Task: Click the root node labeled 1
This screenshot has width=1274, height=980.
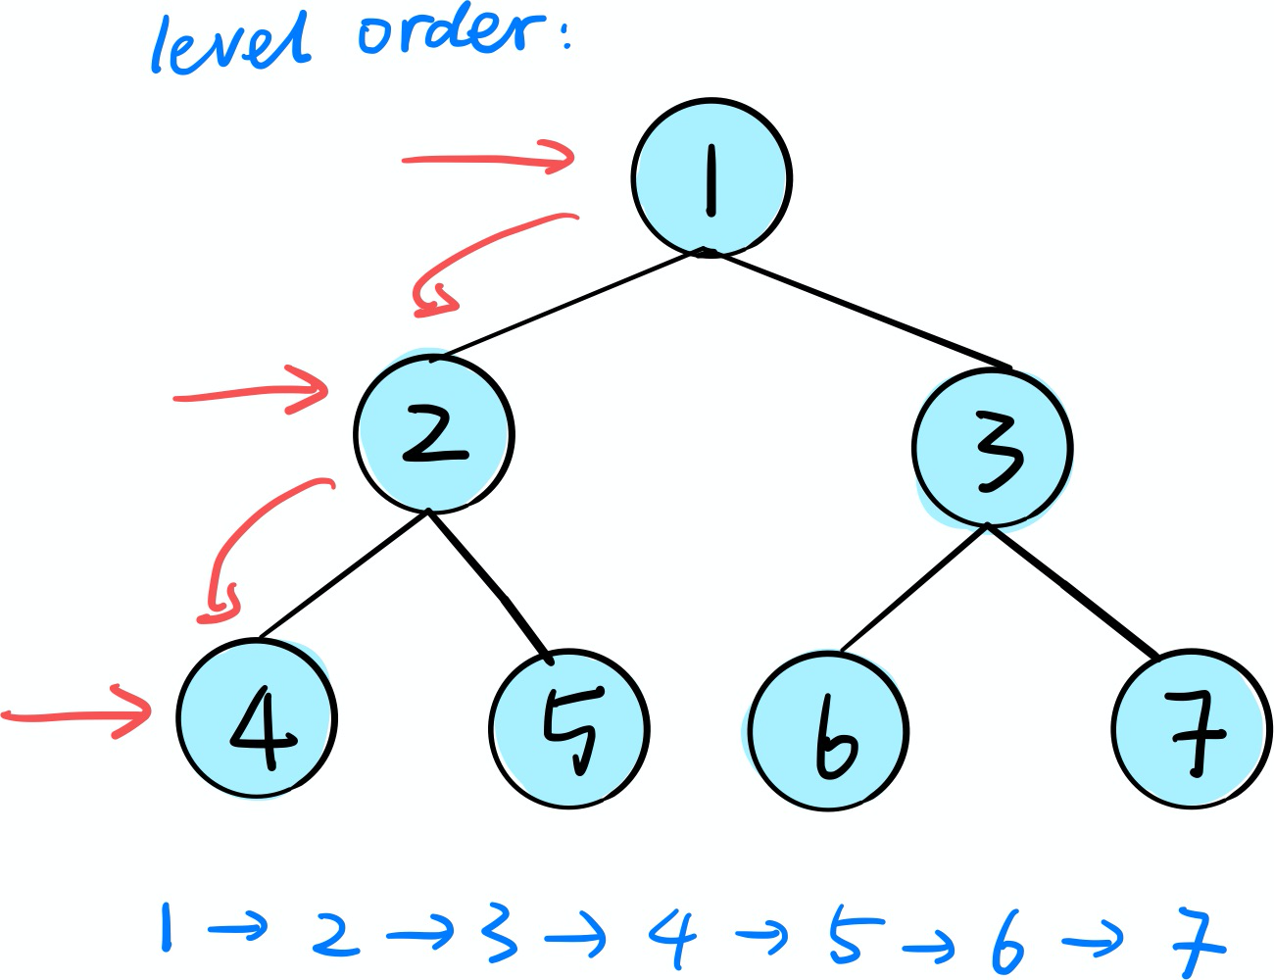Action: tap(710, 178)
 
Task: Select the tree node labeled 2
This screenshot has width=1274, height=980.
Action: tap(433, 434)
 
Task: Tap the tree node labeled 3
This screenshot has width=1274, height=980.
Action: tap(992, 448)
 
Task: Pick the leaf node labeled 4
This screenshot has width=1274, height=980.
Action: tap(257, 718)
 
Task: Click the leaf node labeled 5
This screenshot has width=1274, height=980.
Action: tap(568, 729)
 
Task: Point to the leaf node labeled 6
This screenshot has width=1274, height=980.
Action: tap(828, 731)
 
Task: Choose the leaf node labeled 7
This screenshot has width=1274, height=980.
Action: tap(1191, 729)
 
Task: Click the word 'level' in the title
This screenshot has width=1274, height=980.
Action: tap(230, 44)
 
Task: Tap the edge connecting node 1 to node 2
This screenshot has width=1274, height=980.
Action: tap(568, 303)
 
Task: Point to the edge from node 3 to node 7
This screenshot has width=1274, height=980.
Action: tap(1073, 590)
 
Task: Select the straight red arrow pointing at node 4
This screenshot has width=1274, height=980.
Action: tap(78, 715)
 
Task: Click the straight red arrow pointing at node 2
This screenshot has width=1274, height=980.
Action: tap(250, 393)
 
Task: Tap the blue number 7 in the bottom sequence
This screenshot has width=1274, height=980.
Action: tap(1198, 941)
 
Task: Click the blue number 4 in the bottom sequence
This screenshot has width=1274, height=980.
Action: tap(674, 937)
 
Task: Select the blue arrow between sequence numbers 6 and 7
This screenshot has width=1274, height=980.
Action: tap(1093, 942)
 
